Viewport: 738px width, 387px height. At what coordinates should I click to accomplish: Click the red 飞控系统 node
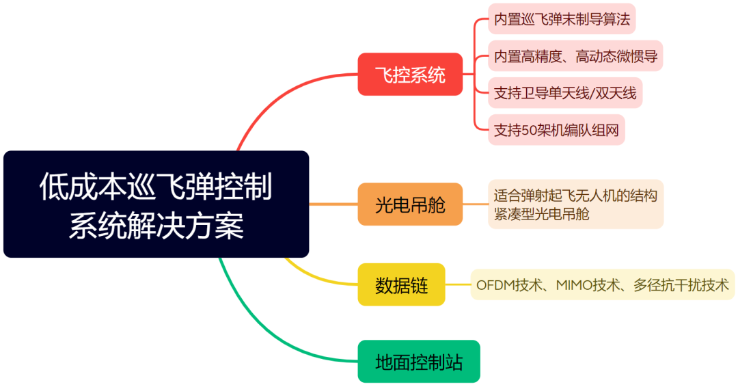point(410,75)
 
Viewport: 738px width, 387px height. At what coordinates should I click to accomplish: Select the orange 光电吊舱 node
point(410,204)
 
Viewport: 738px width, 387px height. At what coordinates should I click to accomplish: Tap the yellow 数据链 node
point(402,284)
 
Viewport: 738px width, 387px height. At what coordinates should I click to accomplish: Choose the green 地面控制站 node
point(419,362)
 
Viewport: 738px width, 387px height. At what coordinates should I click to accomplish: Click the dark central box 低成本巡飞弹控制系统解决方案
point(156,204)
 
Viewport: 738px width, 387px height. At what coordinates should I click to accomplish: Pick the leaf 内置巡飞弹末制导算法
point(561,19)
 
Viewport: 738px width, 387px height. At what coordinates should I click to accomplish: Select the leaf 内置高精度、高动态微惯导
point(575,56)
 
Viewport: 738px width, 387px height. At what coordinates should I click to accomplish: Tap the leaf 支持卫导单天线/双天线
point(565,93)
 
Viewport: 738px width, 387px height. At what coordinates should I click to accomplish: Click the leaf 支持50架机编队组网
point(556,130)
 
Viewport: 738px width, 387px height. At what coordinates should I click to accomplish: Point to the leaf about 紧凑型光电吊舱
point(575,204)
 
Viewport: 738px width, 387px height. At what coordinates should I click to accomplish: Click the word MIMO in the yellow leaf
point(573,284)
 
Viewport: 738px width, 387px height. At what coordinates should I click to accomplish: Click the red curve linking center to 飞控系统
point(273,103)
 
